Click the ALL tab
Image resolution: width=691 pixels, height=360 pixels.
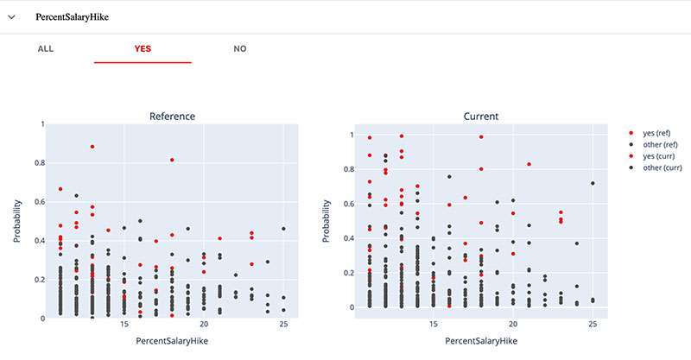[x=46, y=48]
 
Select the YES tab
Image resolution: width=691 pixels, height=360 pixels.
[x=143, y=48]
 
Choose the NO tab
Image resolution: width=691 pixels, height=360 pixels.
[x=240, y=48]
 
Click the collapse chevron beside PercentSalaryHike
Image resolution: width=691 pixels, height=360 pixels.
[x=12, y=17]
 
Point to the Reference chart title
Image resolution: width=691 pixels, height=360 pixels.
[x=172, y=116]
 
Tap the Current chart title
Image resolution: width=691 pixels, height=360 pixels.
[x=481, y=116]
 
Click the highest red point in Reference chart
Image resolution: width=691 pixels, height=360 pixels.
[x=92, y=147]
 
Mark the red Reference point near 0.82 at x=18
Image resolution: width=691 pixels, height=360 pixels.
[x=172, y=160]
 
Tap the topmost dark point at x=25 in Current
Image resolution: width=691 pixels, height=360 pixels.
[x=593, y=183]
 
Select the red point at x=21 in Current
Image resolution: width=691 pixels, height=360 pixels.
[x=529, y=164]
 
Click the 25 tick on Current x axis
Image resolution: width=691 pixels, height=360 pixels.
[x=593, y=325]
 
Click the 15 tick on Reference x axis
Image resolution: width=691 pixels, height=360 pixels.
[x=124, y=325]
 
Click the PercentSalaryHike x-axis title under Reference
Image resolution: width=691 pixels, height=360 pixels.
[x=172, y=342]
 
